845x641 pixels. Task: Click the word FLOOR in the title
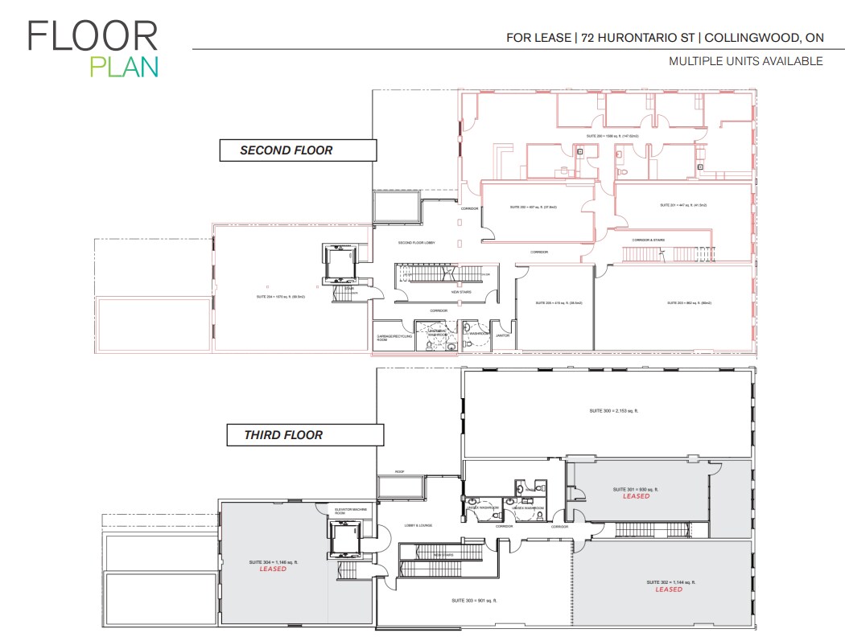93,36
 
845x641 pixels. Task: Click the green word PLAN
123,68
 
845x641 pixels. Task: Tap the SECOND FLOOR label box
298,150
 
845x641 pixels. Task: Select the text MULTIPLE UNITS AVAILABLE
745,61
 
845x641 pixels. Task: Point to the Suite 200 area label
612,136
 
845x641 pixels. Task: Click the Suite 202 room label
533,207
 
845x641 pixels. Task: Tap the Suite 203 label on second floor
690,303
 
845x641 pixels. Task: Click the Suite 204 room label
275,296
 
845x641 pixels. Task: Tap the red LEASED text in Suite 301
636,496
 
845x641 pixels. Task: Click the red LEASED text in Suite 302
669,590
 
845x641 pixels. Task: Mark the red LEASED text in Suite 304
273,569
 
